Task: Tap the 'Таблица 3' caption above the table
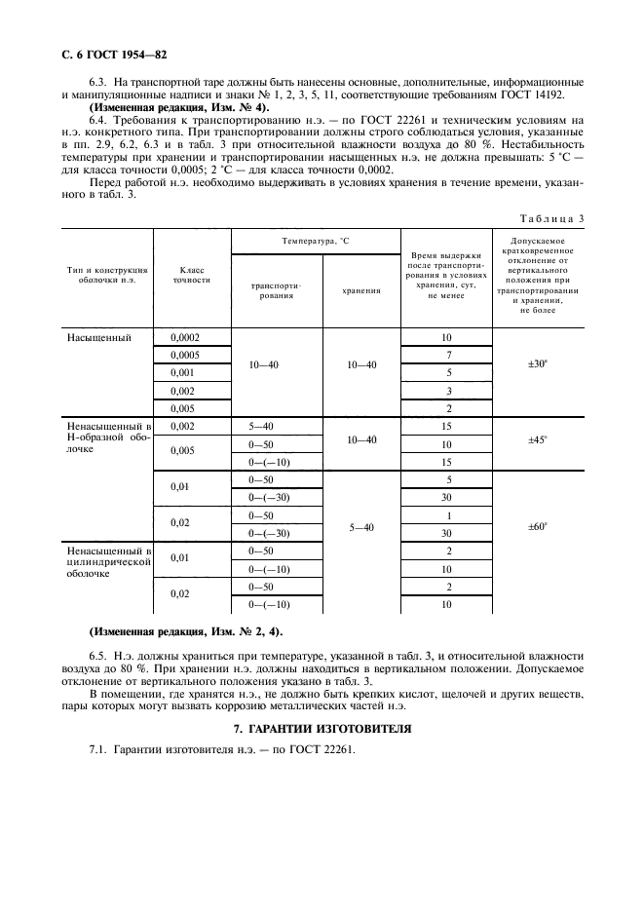(549, 217)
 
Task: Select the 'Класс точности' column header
(191, 273)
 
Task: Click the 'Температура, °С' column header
(316, 239)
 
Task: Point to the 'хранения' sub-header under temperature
(361, 290)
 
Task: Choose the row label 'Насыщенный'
(99, 338)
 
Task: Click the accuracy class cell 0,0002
(187, 338)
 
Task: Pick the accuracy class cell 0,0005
(187, 356)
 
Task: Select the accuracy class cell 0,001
(184, 373)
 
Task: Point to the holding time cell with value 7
(447, 356)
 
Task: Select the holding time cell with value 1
(447, 515)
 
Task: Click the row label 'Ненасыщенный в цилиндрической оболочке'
(105, 562)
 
